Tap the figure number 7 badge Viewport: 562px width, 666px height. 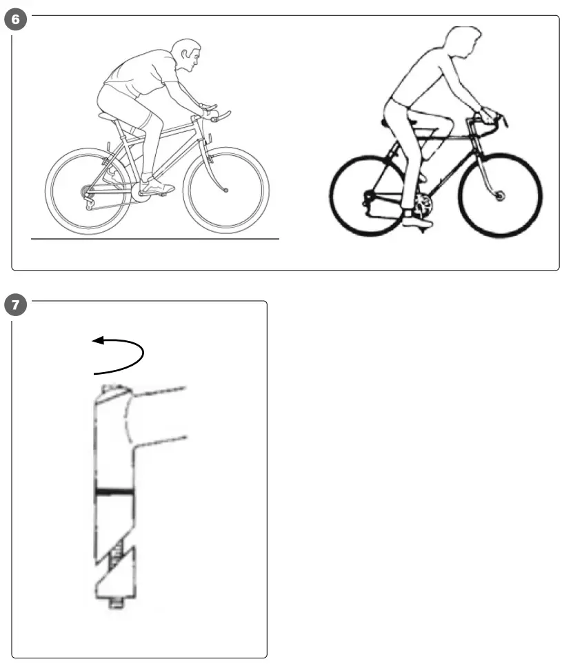click(x=16, y=304)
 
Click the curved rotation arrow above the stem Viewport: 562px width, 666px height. click(x=121, y=353)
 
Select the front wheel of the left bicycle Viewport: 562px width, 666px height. click(x=226, y=190)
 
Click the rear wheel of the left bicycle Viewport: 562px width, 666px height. click(x=88, y=190)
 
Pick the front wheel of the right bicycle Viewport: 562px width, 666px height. click(x=500, y=196)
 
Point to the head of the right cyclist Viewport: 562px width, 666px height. click(x=461, y=45)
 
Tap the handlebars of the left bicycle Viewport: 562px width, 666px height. click(x=215, y=115)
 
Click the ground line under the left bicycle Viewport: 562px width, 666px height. click(x=155, y=239)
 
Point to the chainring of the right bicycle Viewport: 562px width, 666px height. click(x=422, y=203)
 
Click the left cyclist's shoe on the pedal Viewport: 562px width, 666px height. click(x=157, y=186)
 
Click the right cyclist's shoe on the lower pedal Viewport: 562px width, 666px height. click(x=417, y=222)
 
